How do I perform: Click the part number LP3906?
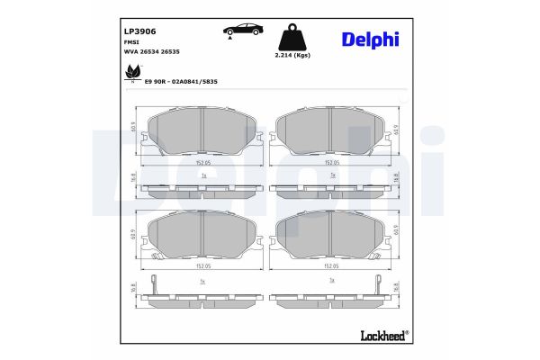[x=139, y=31]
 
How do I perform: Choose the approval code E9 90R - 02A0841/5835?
[x=181, y=81]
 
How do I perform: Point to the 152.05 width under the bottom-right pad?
[x=332, y=266]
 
